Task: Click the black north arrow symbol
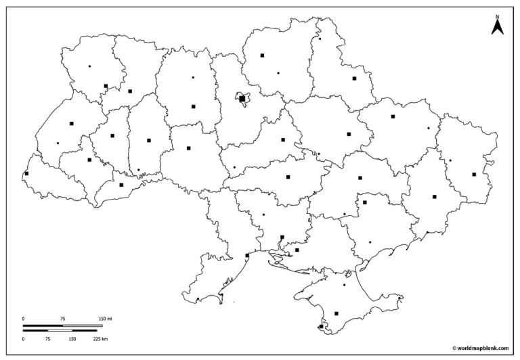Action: click(496, 27)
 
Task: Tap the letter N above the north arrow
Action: click(496, 16)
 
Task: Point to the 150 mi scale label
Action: click(104, 318)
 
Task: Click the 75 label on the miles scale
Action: click(62, 318)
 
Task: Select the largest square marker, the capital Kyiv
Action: click(242, 99)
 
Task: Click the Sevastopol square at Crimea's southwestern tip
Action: click(321, 327)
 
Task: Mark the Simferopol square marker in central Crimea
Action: click(337, 313)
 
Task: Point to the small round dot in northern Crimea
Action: click(344, 285)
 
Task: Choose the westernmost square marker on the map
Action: click(26, 174)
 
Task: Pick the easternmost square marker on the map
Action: click(474, 175)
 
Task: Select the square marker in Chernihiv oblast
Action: click(262, 55)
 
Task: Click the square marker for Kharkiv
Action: click(393, 116)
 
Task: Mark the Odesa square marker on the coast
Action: click(247, 255)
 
